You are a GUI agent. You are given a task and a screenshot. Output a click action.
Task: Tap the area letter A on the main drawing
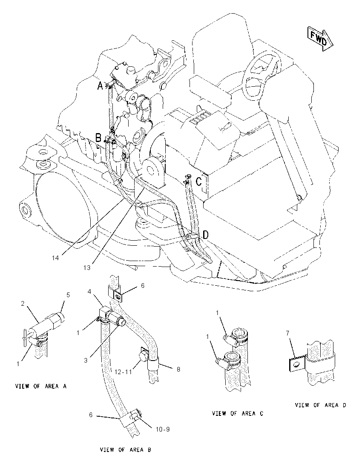point(101,86)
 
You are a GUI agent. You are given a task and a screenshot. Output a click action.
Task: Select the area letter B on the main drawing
point(98,138)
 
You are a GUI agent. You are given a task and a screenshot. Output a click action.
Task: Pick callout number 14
point(55,258)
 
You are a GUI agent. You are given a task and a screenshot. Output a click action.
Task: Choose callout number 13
point(86,268)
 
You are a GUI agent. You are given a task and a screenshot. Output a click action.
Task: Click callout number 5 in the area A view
point(68,295)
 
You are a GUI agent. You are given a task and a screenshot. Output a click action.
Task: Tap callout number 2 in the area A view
point(22,304)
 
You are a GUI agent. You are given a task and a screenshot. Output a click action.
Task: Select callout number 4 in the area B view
point(89,292)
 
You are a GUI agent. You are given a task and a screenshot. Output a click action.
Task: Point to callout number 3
point(86,361)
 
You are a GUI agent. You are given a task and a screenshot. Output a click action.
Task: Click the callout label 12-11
point(123,372)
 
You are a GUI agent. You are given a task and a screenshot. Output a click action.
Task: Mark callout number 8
point(178,369)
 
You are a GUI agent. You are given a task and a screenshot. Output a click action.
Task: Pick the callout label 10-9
point(163,429)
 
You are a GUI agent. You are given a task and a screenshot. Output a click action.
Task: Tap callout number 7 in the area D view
point(287,333)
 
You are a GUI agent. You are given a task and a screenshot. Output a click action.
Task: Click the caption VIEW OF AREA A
point(41,386)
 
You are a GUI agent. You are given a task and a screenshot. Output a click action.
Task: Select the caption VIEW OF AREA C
point(237,413)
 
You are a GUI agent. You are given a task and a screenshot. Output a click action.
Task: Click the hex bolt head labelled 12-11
point(143,355)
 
